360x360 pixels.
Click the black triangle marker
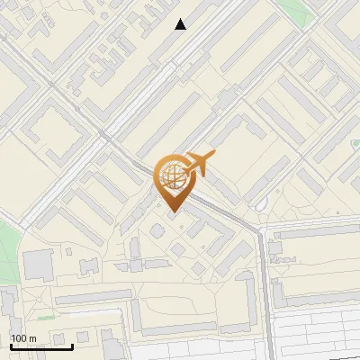[x=181, y=24]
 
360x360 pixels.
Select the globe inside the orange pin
[x=172, y=175]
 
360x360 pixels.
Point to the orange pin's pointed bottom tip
[x=173, y=212]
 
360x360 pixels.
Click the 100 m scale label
[x=23, y=338]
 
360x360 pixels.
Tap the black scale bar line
[x=41, y=346]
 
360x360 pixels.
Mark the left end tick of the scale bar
[x=11, y=345]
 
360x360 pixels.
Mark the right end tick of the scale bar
[x=72, y=344]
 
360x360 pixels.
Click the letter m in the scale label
[x=31, y=338]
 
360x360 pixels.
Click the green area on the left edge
[x=7, y=247]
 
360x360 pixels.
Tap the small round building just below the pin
[x=157, y=232]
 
